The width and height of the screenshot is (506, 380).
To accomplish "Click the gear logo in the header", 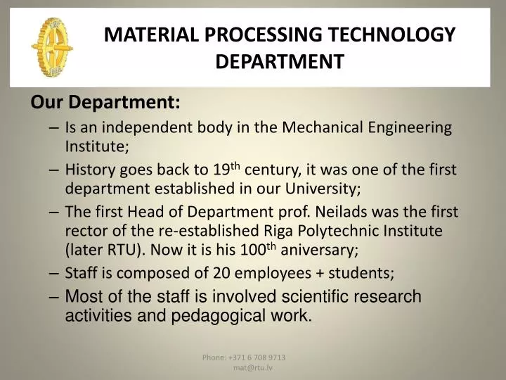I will coord(51,46).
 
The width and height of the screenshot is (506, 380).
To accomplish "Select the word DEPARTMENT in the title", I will coord(280,63).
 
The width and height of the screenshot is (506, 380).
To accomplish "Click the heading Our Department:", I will coord(105,103).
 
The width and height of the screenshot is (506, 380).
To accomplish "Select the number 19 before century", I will coord(222,170).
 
